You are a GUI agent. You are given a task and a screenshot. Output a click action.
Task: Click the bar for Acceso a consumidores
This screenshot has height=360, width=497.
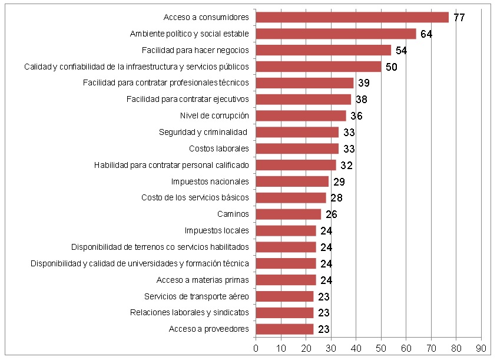[x=352, y=17]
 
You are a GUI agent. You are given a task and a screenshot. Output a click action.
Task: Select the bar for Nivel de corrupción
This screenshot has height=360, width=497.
[x=301, y=115]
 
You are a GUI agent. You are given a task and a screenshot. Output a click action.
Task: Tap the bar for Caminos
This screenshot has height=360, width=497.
[x=289, y=214]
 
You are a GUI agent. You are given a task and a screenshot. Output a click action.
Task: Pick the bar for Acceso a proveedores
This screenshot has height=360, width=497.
[x=284, y=329]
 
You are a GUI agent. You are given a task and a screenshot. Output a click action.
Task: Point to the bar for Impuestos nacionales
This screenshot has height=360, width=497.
[x=292, y=181]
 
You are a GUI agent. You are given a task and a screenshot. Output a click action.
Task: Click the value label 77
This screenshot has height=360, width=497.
[x=459, y=18]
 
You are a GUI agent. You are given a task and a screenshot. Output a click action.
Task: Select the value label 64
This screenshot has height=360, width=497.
[x=426, y=34]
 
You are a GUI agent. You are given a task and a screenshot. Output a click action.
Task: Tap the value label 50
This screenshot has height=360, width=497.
[x=392, y=67]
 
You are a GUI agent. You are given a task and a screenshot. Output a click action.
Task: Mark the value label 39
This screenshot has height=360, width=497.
[x=364, y=83]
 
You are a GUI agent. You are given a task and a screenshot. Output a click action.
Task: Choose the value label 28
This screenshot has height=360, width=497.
[x=336, y=198]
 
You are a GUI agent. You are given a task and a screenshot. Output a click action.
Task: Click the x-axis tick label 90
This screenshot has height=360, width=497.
[x=481, y=348]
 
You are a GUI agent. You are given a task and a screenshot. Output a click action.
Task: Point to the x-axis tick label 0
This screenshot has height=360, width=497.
[x=256, y=348]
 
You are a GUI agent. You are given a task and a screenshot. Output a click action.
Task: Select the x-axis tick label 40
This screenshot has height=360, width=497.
[x=356, y=348]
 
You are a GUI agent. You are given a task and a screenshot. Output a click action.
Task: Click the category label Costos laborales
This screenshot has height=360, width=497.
[x=218, y=148]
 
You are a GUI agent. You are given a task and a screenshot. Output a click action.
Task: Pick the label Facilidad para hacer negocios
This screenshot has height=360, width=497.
[x=196, y=50]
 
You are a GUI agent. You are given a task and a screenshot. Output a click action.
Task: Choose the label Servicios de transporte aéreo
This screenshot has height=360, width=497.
[x=196, y=296]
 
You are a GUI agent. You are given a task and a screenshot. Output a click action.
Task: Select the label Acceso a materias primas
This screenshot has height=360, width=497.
[x=203, y=279]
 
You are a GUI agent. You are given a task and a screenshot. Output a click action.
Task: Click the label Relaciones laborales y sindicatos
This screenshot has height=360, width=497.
[x=189, y=312]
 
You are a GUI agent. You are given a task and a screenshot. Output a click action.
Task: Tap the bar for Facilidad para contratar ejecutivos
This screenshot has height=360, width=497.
[x=303, y=99]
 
